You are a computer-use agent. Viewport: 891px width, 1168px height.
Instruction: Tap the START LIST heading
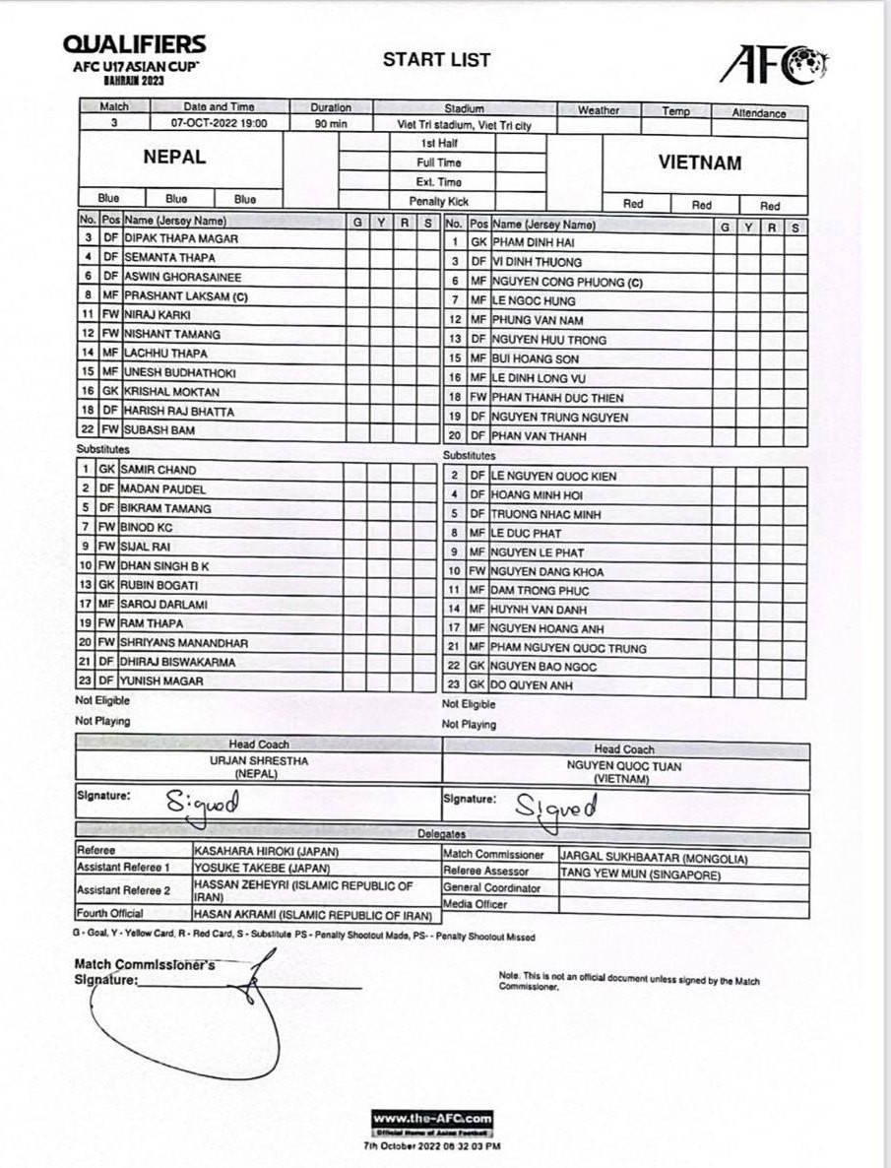point(436,60)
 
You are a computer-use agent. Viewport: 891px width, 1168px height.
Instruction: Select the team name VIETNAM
point(700,163)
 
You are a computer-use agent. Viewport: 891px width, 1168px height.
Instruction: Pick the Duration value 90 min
point(330,124)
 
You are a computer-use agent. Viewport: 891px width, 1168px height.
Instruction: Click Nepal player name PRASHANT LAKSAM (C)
point(186,296)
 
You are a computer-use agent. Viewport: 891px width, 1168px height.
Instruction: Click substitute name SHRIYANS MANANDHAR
point(184,643)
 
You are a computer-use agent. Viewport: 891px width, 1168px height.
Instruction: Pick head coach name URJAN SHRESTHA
point(259,761)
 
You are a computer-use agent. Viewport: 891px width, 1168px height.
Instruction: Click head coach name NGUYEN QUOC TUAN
point(623,766)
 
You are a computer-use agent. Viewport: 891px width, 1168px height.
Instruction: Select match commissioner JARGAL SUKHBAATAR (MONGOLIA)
point(655,859)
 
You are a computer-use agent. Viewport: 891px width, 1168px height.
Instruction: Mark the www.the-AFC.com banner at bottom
point(432,1119)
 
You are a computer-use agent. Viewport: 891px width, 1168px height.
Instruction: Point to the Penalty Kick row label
point(438,201)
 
